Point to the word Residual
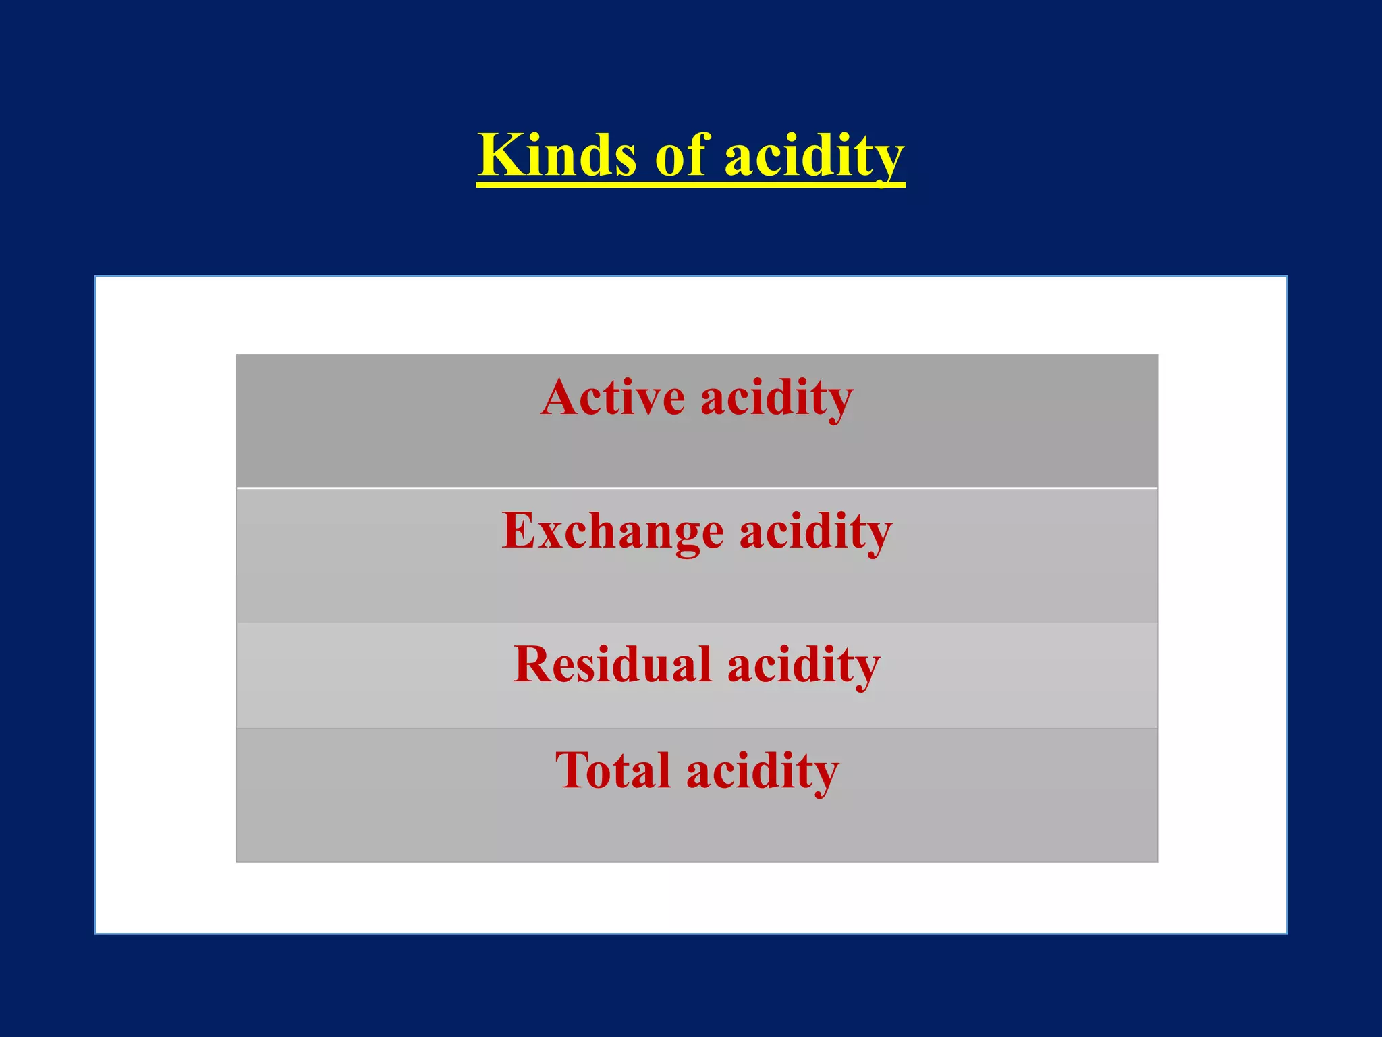click(x=612, y=664)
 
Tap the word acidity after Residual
click(x=804, y=664)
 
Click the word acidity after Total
click(x=763, y=770)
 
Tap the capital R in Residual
click(x=532, y=664)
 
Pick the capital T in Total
click(x=572, y=770)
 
